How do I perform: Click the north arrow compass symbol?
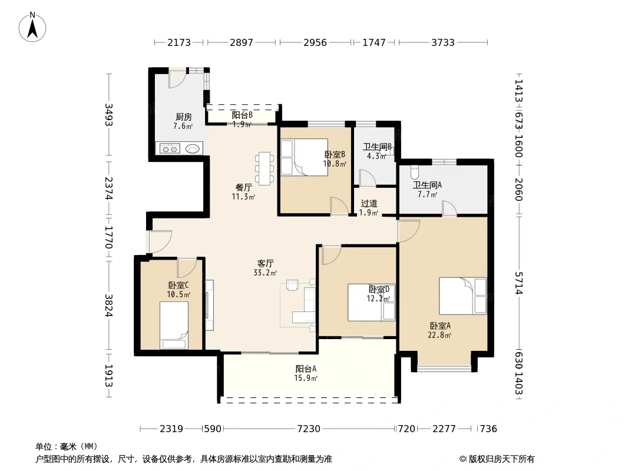tap(32, 27)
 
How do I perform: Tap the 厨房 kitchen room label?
tap(183, 117)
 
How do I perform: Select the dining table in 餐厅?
tap(265, 168)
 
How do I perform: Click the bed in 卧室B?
tap(304, 157)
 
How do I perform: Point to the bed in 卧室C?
tap(174, 326)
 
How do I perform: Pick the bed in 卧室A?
tap(462, 296)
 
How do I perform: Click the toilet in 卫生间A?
tap(415, 173)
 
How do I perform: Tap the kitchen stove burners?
tap(170, 149)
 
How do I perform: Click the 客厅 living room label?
tap(265, 263)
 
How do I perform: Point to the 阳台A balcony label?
tap(306, 369)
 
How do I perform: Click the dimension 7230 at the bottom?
tap(308, 429)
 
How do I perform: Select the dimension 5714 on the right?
tap(518, 283)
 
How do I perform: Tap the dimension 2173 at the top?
tap(179, 42)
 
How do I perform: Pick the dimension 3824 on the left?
tap(108, 306)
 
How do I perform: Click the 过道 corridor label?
tap(369, 204)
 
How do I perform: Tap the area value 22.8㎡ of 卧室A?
tap(439, 336)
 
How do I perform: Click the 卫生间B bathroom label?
tap(377, 147)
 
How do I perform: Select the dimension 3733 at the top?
tap(442, 42)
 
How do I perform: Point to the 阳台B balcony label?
tap(242, 115)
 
